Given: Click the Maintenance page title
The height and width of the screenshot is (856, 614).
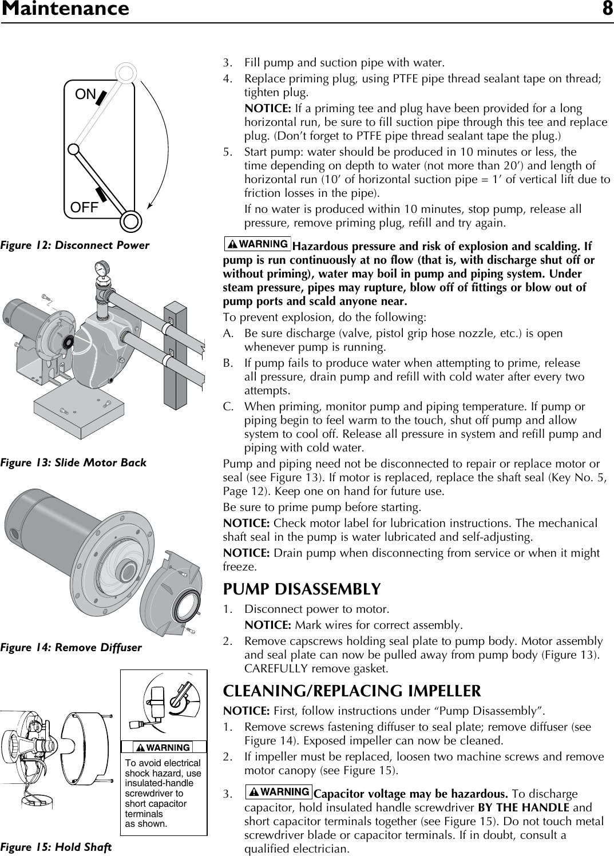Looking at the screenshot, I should [65, 9].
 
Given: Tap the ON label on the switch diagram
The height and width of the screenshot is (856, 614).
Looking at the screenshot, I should [86, 94].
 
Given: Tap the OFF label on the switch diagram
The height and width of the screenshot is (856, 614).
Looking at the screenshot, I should [85, 207].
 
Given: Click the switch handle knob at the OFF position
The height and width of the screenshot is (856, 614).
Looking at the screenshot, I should [131, 221].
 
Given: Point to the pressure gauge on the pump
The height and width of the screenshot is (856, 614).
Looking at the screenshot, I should [102, 268].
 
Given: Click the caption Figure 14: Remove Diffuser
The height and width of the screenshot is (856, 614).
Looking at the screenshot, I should [71, 648].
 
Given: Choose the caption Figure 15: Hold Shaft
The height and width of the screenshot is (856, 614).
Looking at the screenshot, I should [56, 847].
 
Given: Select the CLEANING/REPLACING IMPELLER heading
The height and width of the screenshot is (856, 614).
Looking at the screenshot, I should [352, 691].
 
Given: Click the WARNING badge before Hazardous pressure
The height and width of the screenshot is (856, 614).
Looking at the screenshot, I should [258, 244].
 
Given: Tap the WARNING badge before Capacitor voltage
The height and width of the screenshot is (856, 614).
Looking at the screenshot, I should [279, 792].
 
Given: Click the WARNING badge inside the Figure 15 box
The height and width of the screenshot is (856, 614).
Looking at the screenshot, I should [163, 747].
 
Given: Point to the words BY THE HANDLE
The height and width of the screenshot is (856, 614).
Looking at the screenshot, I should [523, 808].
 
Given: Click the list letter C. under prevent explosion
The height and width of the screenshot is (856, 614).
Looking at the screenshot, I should [228, 407].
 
